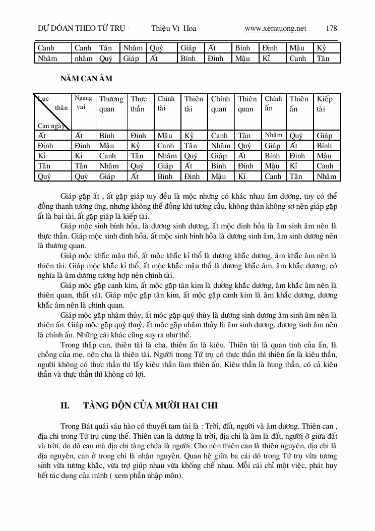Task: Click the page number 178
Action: point(332,28)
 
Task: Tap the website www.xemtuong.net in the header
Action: point(275,28)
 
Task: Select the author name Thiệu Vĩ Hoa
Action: point(173,28)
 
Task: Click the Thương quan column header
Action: point(111,104)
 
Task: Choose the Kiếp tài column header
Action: point(327,104)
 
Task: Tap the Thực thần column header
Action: point(139,104)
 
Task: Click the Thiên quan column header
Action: point(247,104)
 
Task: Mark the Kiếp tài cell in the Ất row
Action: point(325,136)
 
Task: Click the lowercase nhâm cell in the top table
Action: point(83,58)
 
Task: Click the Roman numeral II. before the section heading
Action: point(65,405)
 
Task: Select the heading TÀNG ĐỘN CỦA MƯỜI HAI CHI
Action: point(150,405)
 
